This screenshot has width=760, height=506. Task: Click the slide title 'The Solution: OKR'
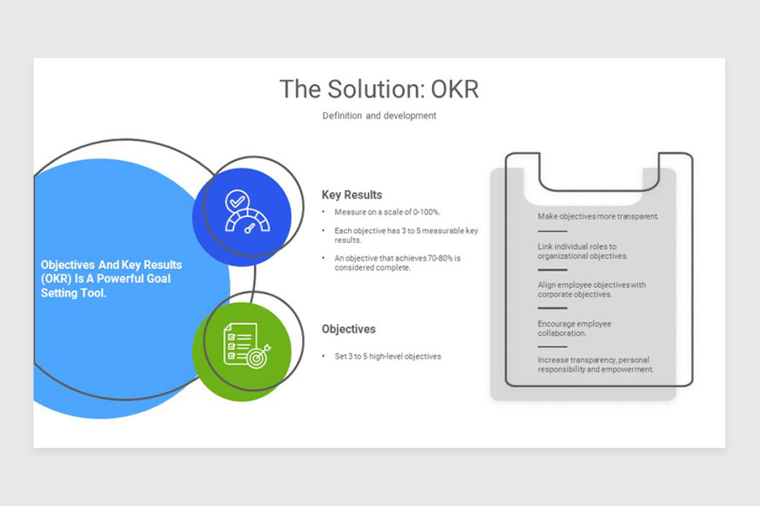pyautogui.click(x=379, y=89)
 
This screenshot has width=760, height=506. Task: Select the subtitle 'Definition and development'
pyautogui.click(x=379, y=116)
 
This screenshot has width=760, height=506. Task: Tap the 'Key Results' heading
pyautogui.click(x=351, y=195)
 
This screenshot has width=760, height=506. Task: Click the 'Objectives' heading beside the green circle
pyautogui.click(x=348, y=329)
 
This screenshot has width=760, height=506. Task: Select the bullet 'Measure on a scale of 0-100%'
pyautogui.click(x=387, y=212)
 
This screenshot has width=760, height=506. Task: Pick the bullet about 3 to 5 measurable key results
pyautogui.click(x=406, y=235)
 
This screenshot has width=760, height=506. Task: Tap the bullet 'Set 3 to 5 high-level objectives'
pyautogui.click(x=388, y=356)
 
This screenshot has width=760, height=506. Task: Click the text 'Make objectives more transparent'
pyautogui.click(x=598, y=216)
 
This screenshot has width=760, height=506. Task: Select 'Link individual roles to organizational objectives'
pyautogui.click(x=583, y=251)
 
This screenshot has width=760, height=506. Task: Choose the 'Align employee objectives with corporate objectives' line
pyautogui.click(x=592, y=290)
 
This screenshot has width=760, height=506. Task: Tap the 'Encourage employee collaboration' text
pyautogui.click(x=574, y=328)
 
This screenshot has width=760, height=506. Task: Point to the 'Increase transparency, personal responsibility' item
pyautogui.click(x=595, y=364)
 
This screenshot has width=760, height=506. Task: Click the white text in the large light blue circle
pyautogui.click(x=111, y=279)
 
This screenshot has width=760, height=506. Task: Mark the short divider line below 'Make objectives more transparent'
pyautogui.click(x=552, y=231)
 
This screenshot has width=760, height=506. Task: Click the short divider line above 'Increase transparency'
pyautogui.click(x=552, y=347)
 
